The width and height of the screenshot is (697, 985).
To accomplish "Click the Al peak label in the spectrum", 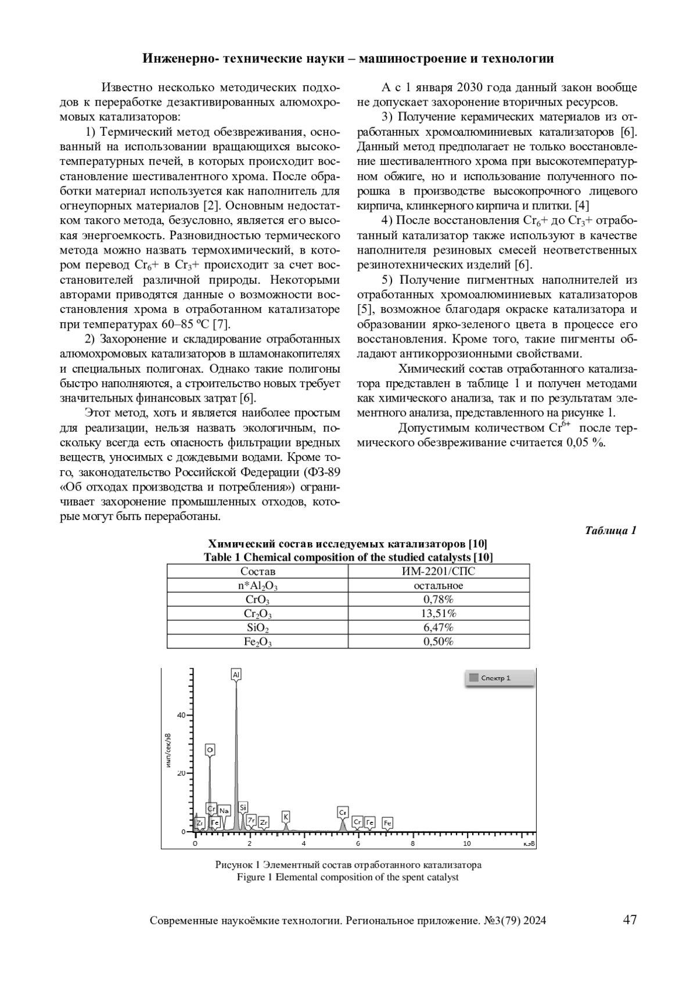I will (236, 674).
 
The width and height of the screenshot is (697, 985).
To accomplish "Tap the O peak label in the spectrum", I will (210, 750).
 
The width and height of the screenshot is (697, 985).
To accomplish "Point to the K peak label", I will (286, 816).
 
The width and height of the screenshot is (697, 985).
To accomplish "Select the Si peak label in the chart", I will (243, 807).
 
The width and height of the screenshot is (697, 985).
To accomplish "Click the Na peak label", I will (224, 810).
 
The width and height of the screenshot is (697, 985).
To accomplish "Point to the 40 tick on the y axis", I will (181, 715).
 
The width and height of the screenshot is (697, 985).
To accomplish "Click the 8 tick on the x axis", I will (412, 843).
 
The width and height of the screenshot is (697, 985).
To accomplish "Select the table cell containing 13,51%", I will (439, 614).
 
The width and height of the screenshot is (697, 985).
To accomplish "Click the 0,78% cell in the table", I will (439, 600).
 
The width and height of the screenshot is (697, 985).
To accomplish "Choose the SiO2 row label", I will (257, 627).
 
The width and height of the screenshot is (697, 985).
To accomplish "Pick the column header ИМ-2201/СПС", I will (439, 572).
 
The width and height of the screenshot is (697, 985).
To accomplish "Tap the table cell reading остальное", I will (439, 586).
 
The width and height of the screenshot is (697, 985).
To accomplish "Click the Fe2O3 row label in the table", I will (257, 641).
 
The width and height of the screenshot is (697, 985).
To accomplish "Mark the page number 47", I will (630, 920).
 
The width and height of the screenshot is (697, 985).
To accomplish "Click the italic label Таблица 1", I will (611, 531).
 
